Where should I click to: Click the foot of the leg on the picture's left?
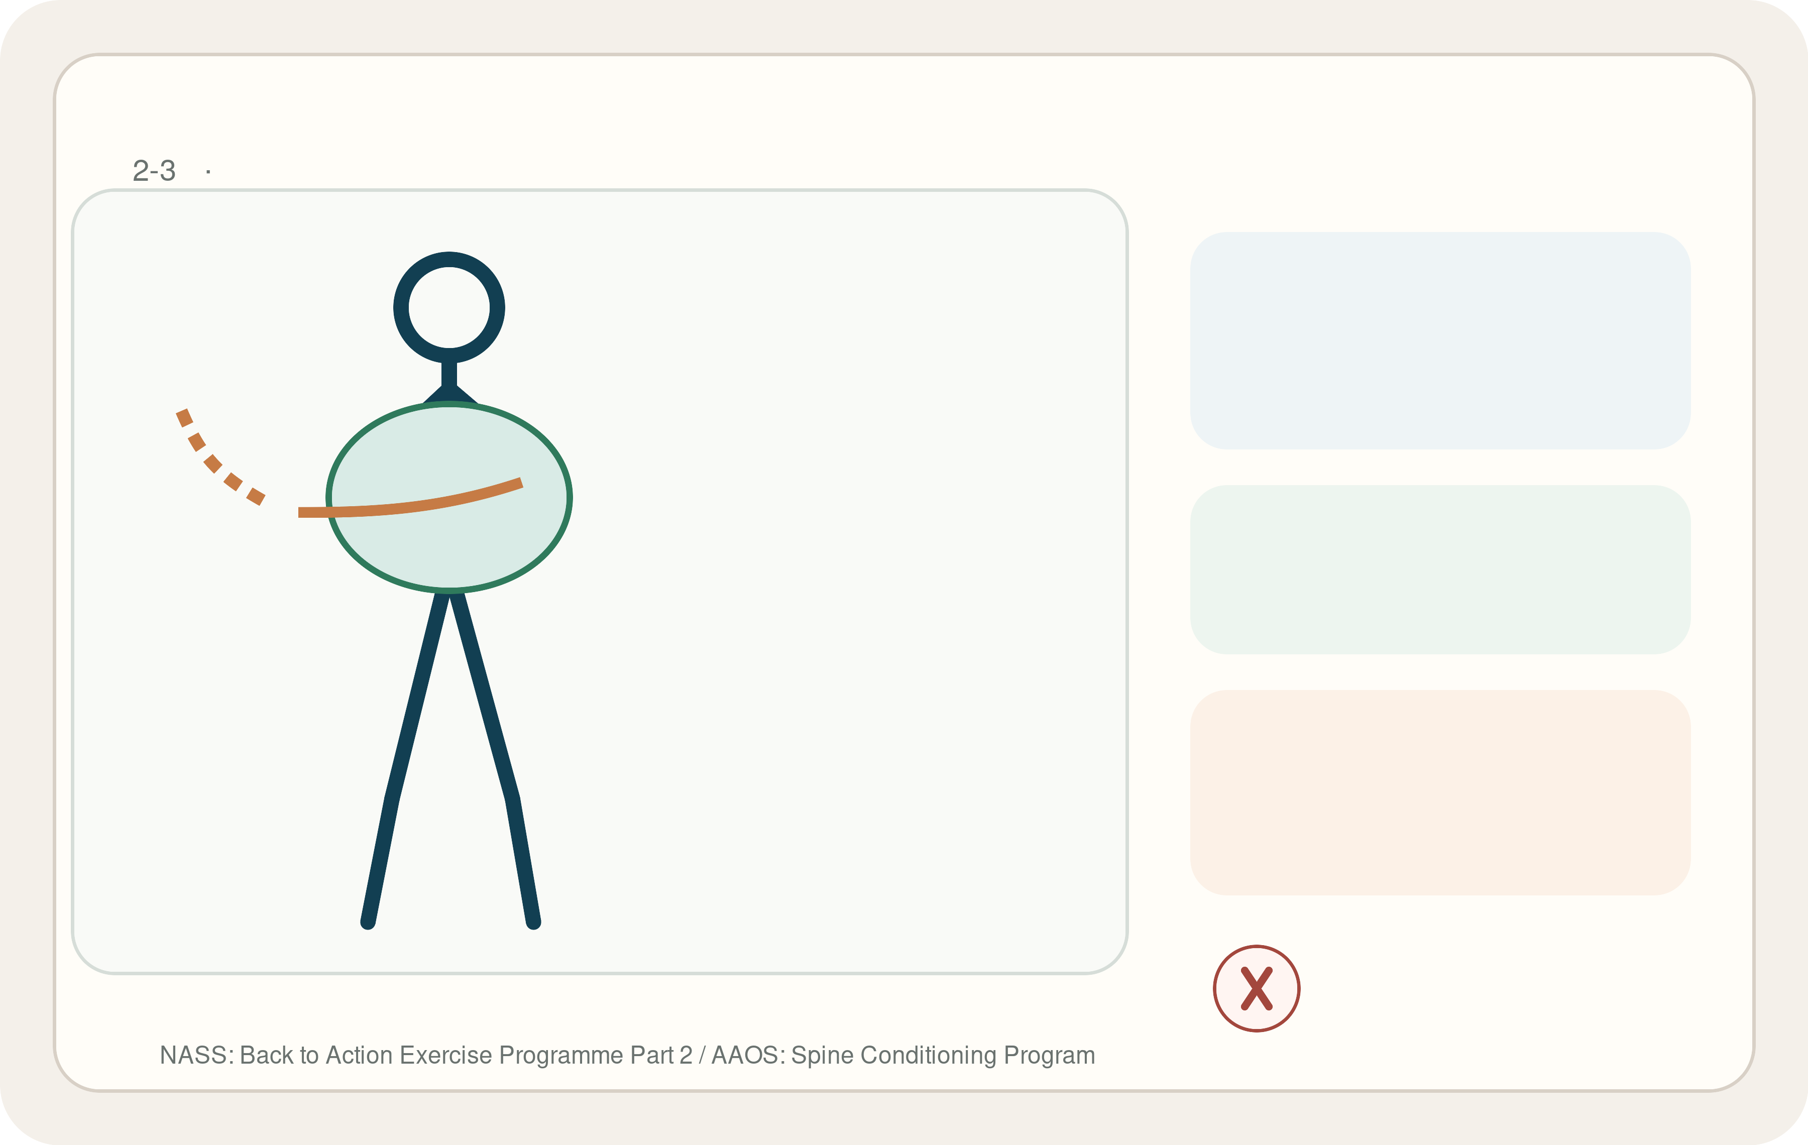tap(368, 922)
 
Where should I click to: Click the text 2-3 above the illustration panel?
tap(154, 170)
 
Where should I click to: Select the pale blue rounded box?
tap(1440, 340)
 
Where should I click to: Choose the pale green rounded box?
tap(1440, 569)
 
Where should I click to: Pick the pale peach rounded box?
tap(1440, 792)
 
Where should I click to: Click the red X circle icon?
tap(1256, 988)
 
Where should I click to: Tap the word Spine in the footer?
tap(822, 1055)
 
